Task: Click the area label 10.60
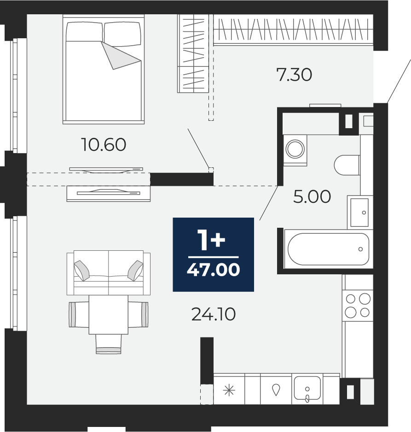click(x=104, y=145)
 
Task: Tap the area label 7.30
click(x=294, y=75)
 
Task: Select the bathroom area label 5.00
click(x=312, y=197)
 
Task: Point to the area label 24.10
click(x=214, y=314)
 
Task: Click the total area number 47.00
click(x=214, y=270)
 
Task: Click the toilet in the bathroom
click(x=347, y=165)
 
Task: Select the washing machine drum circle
click(x=295, y=149)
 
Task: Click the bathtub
click(x=329, y=249)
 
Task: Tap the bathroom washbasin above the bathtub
click(x=359, y=213)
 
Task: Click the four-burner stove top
click(x=358, y=306)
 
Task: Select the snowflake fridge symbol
click(x=229, y=391)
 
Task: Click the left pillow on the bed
click(x=85, y=32)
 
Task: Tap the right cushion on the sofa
click(x=135, y=271)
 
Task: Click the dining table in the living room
click(x=109, y=314)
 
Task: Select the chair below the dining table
click(x=109, y=344)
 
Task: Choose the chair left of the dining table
click(x=79, y=314)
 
